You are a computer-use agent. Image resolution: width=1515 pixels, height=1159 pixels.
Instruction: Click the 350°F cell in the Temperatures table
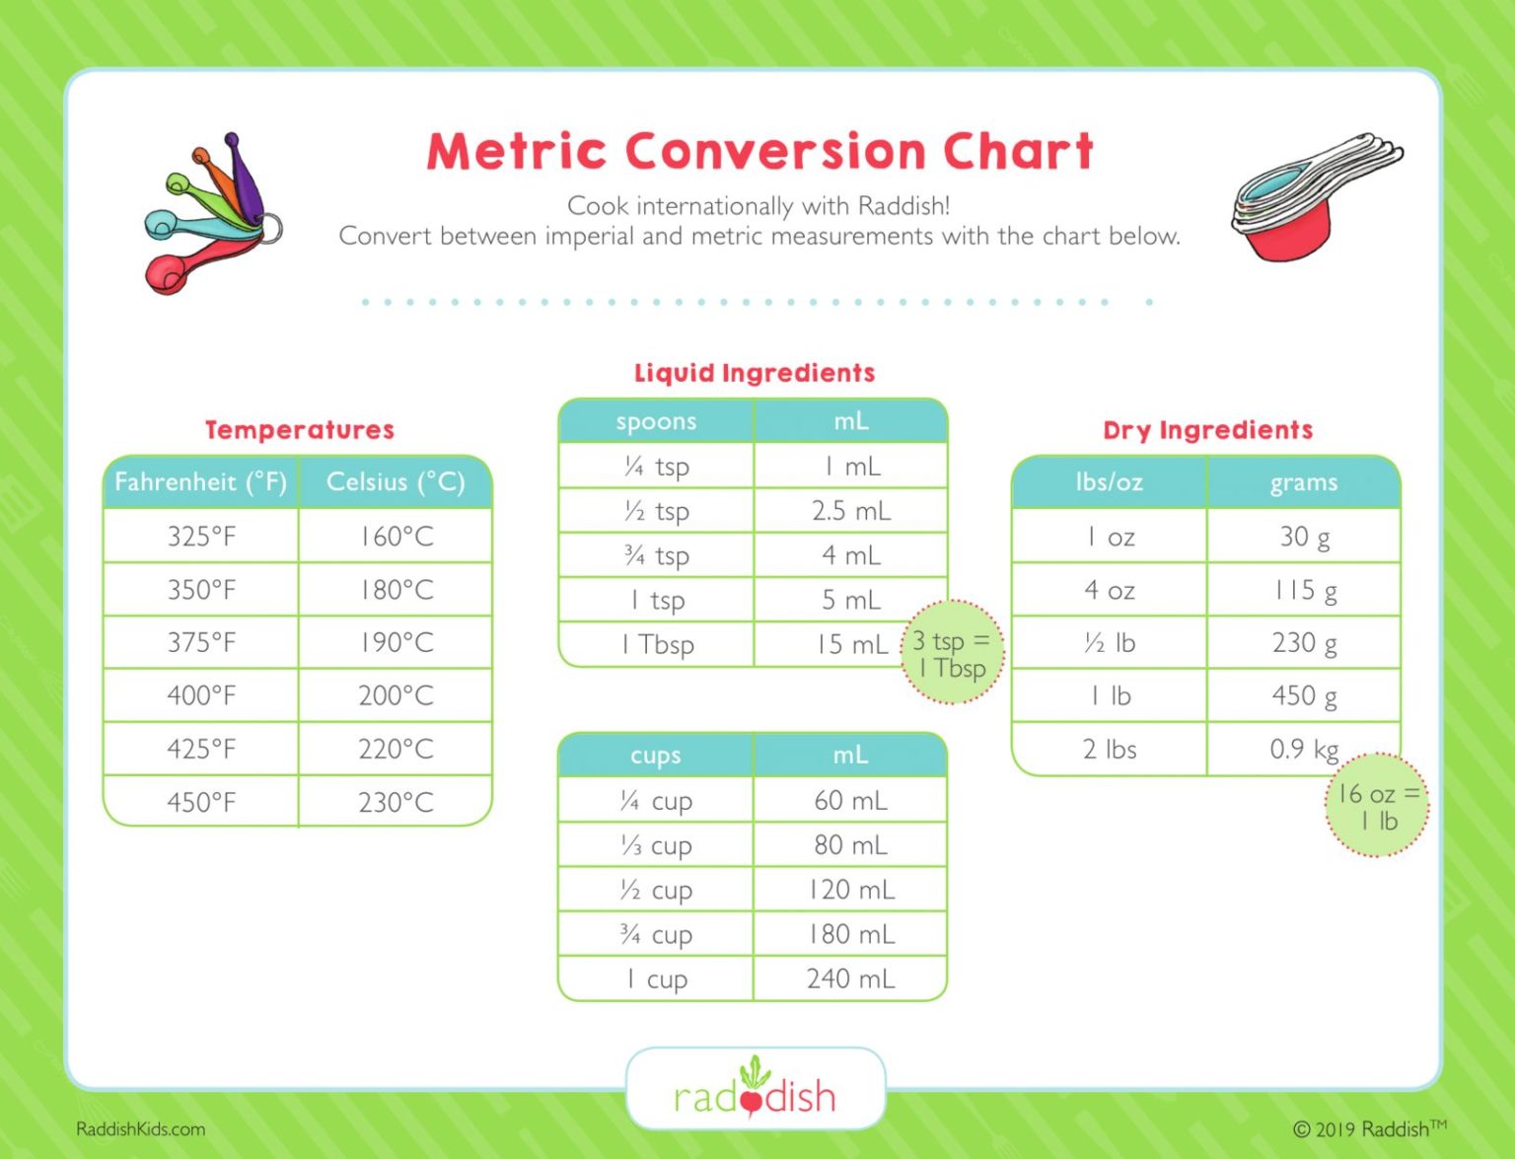pos(201,590)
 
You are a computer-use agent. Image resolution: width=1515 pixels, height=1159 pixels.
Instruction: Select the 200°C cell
pos(396,695)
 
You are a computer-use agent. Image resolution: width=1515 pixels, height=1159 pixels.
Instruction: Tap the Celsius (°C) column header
pos(396,482)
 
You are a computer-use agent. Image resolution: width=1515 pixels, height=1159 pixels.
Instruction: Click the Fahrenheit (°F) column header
pos(201,482)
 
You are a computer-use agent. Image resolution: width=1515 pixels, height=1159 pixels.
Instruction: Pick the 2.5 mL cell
pos(850,511)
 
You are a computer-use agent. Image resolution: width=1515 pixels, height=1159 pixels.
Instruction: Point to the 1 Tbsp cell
pos(657,645)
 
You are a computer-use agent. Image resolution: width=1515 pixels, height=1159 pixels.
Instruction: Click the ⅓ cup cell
pos(657,845)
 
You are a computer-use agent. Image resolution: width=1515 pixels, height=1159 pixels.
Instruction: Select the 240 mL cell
pos(850,978)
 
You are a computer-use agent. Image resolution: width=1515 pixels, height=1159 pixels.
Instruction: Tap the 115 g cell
pos(1304,591)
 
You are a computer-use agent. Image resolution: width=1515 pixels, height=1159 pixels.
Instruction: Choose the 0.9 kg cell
pos(1303,750)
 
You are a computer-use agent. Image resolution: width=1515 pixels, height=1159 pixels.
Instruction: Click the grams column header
pos(1304,482)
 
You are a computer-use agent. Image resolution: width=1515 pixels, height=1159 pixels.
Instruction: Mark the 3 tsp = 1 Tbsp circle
pos(952,653)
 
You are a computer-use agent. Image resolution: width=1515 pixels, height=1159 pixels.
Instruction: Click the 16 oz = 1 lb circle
pos(1377,806)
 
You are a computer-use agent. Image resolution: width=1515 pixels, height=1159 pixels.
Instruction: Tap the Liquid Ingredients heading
pos(755,373)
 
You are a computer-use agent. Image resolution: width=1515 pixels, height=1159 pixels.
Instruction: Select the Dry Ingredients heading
pos(1207,430)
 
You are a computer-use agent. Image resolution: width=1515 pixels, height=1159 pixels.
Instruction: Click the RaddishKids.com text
pos(140,1129)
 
